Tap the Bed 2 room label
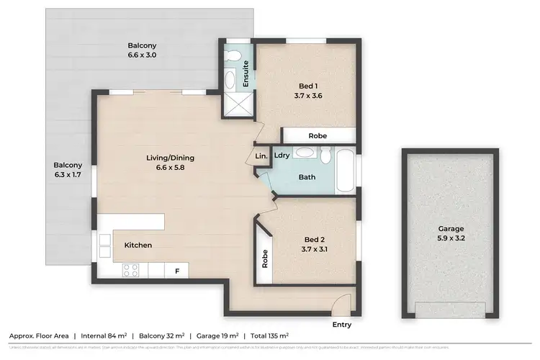[315, 244]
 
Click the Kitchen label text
[138, 246]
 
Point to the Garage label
[451, 233]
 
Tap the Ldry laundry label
[282, 155]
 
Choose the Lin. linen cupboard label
[261, 156]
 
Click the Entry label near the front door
[342, 325]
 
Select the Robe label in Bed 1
[318, 135]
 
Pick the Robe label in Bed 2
[264, 258]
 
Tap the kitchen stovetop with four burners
[131, 270]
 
